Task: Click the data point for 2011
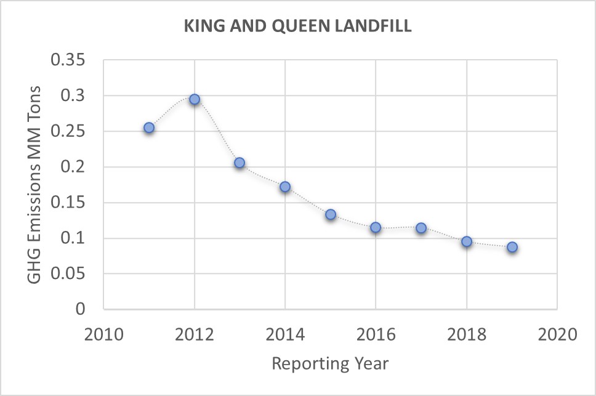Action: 149,127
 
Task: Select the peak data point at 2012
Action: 195,99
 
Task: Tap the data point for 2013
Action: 240,163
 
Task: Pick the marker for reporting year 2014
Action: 285,187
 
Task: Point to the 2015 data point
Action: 331,214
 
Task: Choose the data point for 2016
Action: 376,227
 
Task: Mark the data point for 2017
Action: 421,228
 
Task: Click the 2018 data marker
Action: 467,241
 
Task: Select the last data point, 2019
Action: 512,247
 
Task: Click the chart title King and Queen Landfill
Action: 298,28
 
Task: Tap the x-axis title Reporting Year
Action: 330,363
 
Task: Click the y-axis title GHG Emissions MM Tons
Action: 36,185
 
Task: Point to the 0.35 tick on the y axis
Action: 73,60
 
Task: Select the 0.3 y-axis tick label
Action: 78,96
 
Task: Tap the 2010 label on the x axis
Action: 103,335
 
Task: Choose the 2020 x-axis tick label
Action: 557,335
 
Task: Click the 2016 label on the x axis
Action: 376,335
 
